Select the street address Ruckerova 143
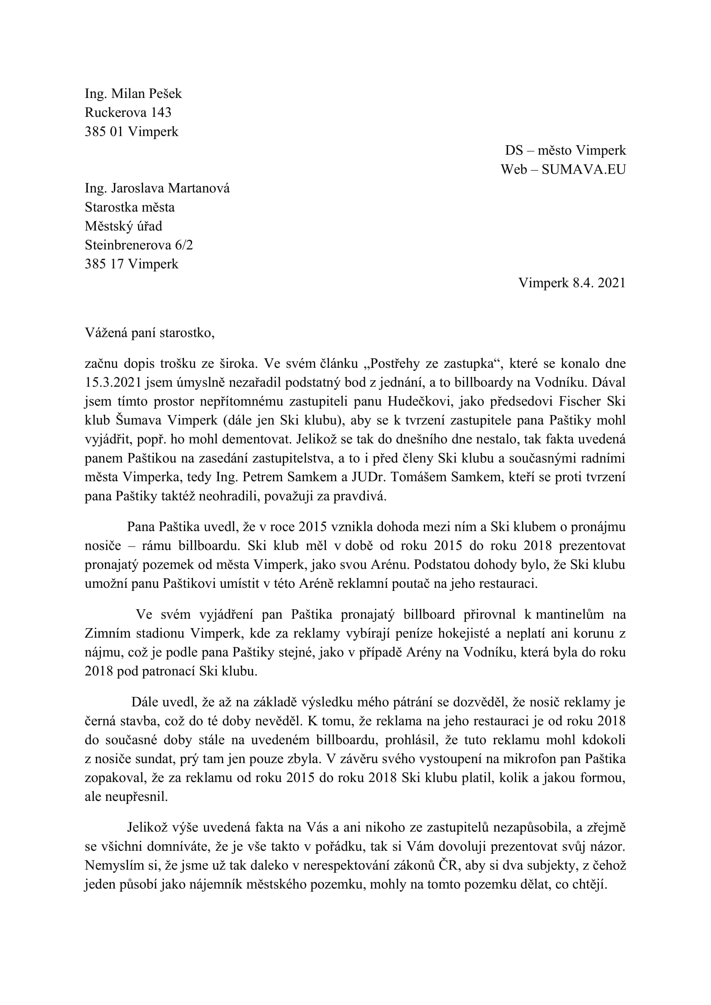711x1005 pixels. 128,113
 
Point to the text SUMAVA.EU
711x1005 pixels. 584,170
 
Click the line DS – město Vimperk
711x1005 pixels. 565,150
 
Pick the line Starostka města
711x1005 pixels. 129,207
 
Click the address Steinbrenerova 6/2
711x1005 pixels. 139,245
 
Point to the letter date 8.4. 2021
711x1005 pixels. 598,283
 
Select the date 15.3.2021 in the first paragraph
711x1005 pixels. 113,382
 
